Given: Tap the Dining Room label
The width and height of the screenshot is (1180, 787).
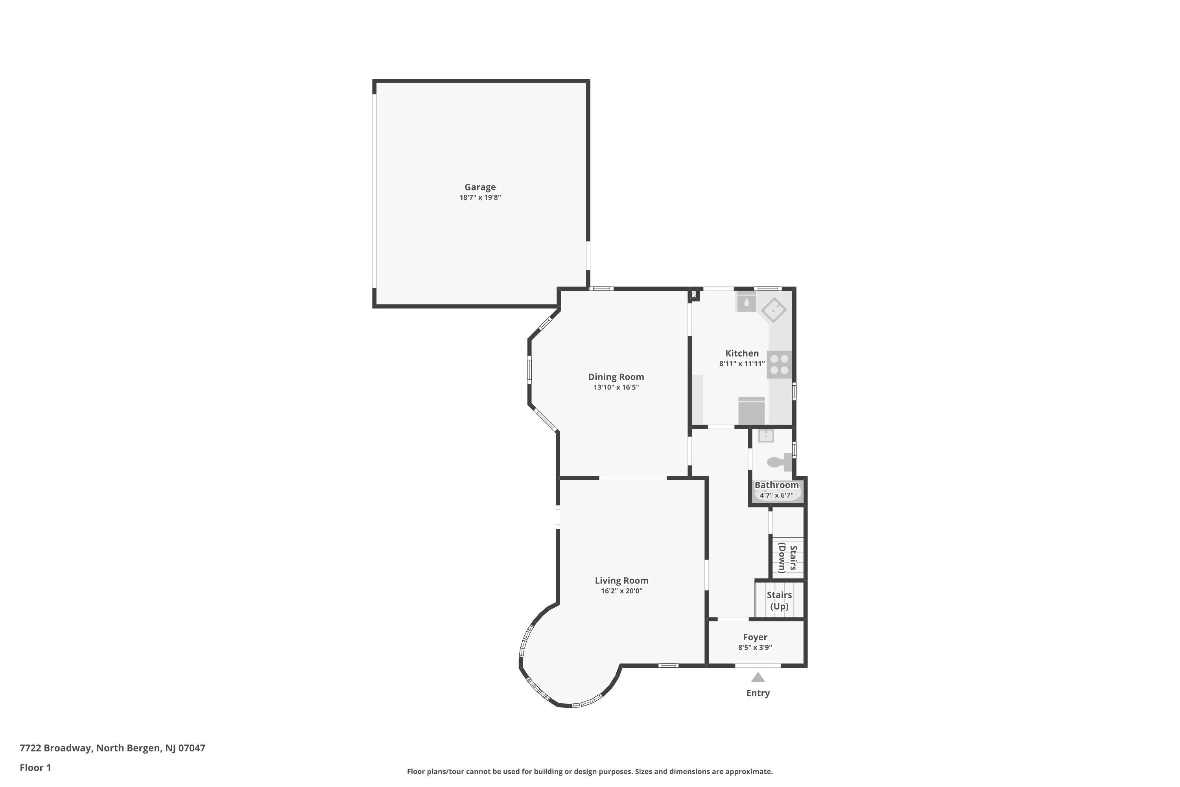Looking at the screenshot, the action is click(x=616, y=377).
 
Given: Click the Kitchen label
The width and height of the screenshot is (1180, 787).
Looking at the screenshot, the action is click(x=741, y=353).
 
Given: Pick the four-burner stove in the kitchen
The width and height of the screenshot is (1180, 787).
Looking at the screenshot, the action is click(x=779, y=364).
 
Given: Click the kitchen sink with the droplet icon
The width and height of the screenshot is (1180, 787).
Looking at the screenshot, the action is click(x=746, y=303).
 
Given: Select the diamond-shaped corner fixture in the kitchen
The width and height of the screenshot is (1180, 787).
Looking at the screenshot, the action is click(x=774, y=310).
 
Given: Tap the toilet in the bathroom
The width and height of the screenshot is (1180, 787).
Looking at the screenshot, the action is click(x=779, y=462).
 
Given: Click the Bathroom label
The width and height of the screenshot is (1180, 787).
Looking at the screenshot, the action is click(x=776, y=485).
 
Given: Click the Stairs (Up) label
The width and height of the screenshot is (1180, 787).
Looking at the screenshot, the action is click(x=779, y=600).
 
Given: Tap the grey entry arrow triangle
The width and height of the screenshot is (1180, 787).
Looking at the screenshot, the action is click(x=758, y=678).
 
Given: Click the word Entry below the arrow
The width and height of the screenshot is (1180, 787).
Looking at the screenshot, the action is click(x=758, y=693).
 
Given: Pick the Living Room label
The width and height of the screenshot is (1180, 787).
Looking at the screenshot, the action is click(x=621, y=580).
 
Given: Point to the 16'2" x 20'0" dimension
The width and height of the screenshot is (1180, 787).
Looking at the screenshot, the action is click(x=621, y=591).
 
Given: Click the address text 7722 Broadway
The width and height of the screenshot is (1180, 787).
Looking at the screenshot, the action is click(x=56, y=748).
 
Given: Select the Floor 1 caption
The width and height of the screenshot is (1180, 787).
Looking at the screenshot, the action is click(x=35, y=767).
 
